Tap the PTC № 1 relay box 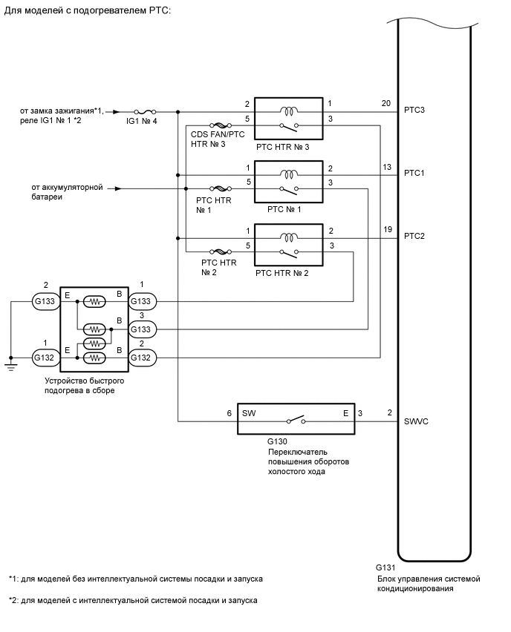click(x=288, y=181)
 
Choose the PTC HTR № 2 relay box click(x=288, y=244)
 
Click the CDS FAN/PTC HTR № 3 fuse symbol click(x=221, y=125)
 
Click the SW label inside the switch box click(x=248, y=412)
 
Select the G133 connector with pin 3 click(x=142, y=329)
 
